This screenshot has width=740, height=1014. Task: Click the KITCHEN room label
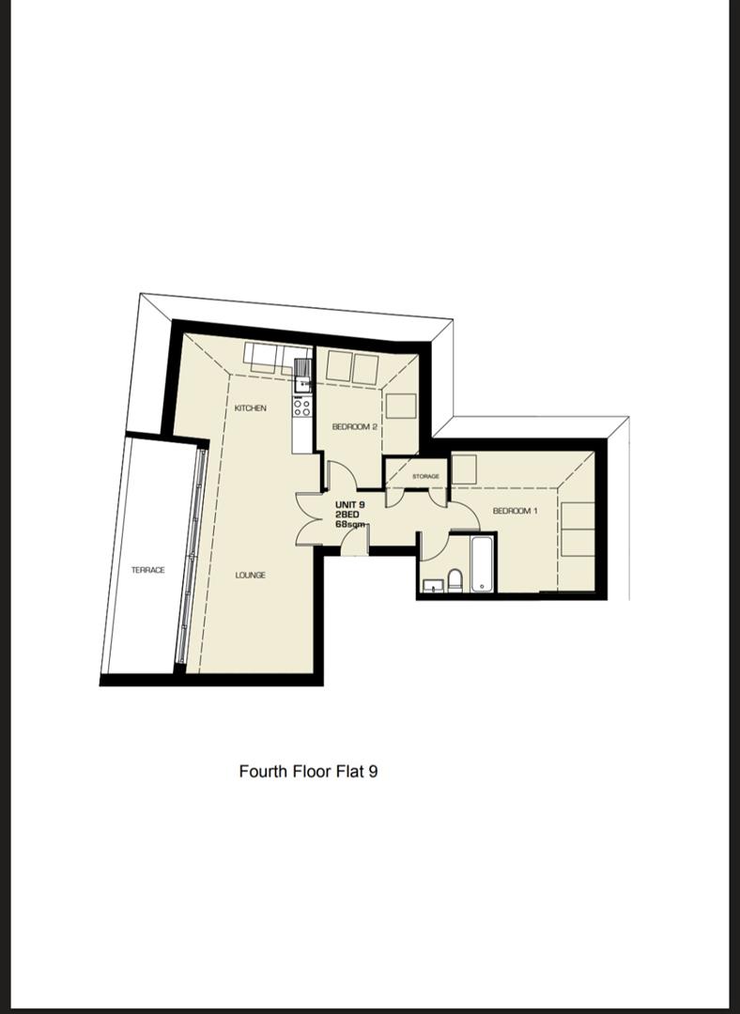pyautogui.click(x=251, y=408)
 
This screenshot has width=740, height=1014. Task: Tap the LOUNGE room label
pyautogui.click(x=251, y=575)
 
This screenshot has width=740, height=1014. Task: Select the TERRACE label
pyautogui.click(x=148, y=570)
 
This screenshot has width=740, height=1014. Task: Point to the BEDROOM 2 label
pyautogui.click(x=354, y=427)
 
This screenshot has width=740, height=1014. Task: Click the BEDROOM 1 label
pyautogui.click(x=516, y=511)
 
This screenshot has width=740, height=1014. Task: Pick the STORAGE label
pyautogui.click(x=425, y=477)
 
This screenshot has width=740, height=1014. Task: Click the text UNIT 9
pyautogui.click(x=350, y=504)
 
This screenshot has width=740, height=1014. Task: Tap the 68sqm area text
pyautogui.click(x=350, y=525)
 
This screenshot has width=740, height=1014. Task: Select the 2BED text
pyautogui.click(x=347, y=515)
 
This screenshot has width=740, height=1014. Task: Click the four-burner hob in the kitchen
pyautogui.click(x=301, y=407)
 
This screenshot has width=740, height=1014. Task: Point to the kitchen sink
pyautogui.click(x=302, y=376)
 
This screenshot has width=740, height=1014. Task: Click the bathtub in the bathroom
pyautogui.click(x=482, y=563)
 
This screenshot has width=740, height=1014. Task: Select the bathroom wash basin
pyautogui.click(x=433, y=586)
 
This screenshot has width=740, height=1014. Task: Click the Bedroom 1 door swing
pyautogui.click(x=465, y=515)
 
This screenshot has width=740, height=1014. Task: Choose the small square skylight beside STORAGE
pyautogui.click(x=464, y=469)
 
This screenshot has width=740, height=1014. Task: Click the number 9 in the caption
pyautogui.click(x=373, y=772)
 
